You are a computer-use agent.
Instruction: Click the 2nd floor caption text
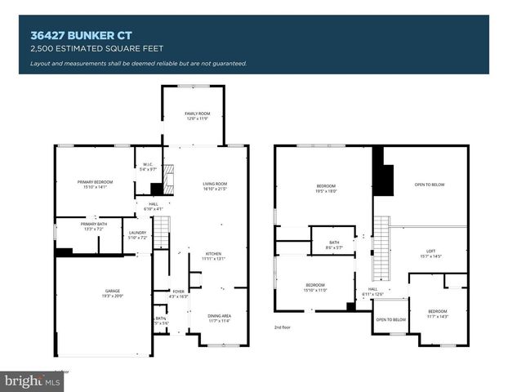pyautogui.click(x=283, y=327)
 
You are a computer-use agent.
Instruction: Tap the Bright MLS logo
pyautogui.click(x=33, y=381)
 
